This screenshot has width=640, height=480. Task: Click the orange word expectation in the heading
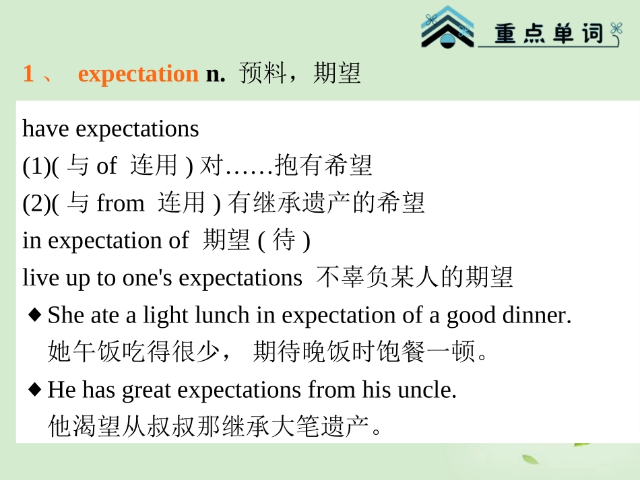(138, 74)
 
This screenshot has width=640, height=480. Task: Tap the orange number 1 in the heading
(28, 73)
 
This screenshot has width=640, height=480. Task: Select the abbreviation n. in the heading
(216, 74)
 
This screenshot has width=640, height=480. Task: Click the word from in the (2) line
(121, 203)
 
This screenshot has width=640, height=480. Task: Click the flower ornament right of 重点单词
(615, 30)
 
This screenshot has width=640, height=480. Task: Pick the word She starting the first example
(63, 314)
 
